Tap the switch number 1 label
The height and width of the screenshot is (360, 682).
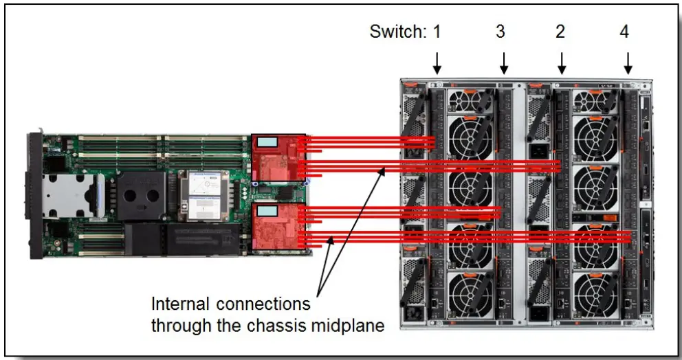coord(437,32)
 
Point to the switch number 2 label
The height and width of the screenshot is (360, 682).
coord(561,32)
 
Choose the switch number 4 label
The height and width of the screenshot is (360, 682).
coord(624,32)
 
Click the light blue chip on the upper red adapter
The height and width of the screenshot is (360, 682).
coord(267,142)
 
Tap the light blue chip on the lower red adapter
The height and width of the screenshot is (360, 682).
coord(267,210)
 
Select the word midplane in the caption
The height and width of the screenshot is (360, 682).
coord(349,323)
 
